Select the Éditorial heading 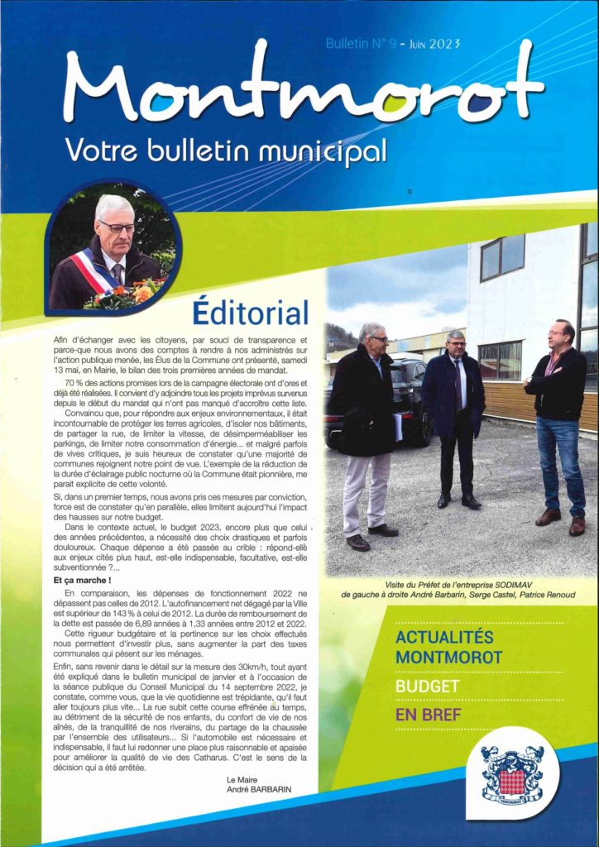pyautogui.click(x=250, y=312)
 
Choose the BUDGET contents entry pyautogui.click(x=427, y=687)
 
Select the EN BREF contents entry pyautogui.click(x=429, y=714)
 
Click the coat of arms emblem pyautogui.click(x=512, y=773)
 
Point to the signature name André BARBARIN pyautogui.click(x=259, y=789)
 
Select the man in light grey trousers pyautogui.click(x=366, y=430)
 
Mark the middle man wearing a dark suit pyautogui.click(x=453, y=414)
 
